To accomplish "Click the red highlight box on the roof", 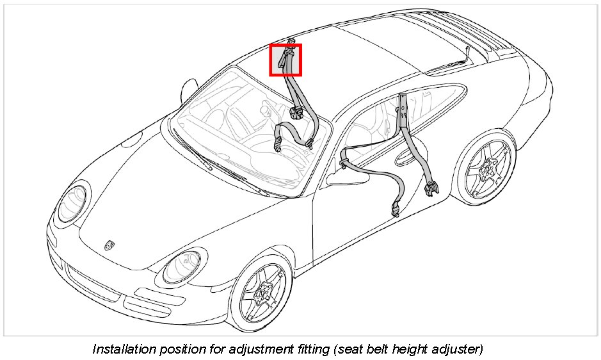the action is (x=285, y=60).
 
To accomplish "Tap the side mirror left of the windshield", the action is (x=189, y=90).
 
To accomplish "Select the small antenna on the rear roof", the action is (x=467, y=51).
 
